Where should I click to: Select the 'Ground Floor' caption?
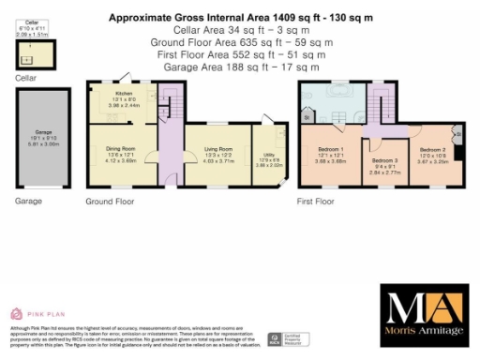click(x=110, y=202)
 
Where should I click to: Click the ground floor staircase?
click(x=170, y=99)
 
